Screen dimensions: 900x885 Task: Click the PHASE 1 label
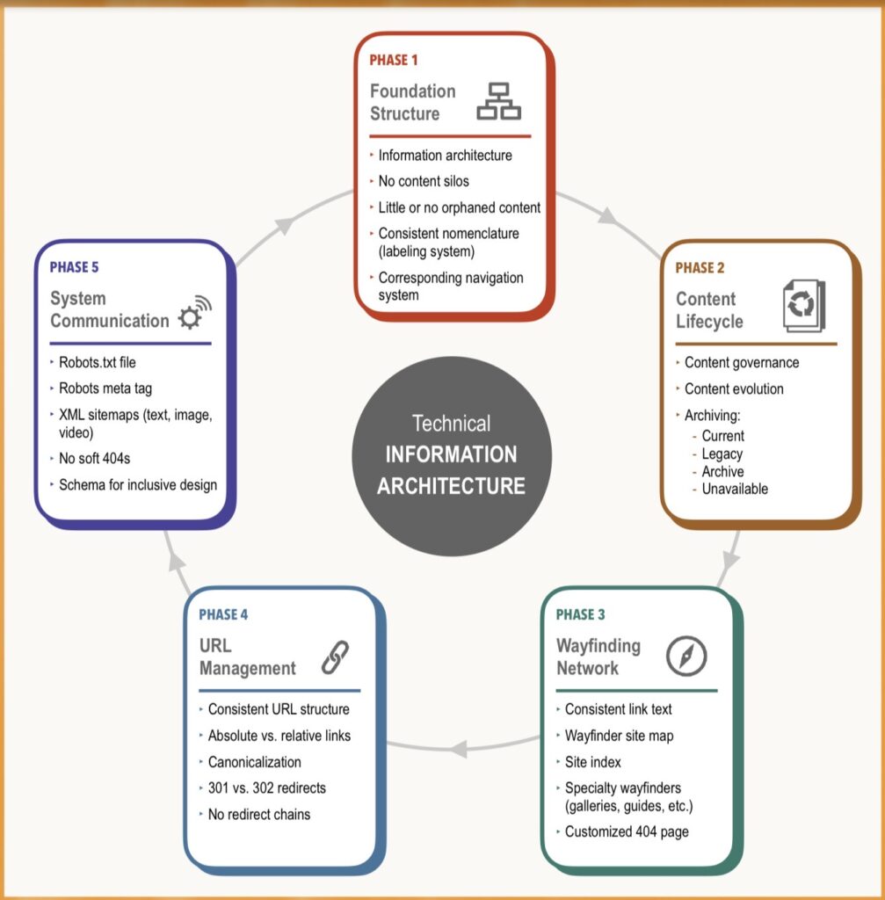click(393, 61)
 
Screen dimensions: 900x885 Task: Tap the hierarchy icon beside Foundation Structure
click(498, 101)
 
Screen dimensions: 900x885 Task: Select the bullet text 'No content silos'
click(424, 181)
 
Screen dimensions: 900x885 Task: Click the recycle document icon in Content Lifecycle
click(803, 306)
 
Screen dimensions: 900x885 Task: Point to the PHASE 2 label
click(700, 268)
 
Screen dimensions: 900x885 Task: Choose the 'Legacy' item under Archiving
click(722, 454)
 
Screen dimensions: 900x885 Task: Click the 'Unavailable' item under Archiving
click(735, 489)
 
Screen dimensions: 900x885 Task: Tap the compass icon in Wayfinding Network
click(686, 656)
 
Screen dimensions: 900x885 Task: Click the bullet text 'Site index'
click(592, 761)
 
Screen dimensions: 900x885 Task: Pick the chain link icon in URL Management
click(335, 657)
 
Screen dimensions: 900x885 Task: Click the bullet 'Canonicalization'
click(254, 761)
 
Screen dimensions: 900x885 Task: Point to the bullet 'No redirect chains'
click(258, 814)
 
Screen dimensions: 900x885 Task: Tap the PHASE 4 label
click(223, 614)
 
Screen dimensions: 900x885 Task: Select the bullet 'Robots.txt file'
click(98, 361)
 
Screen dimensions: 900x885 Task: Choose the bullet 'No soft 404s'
click(96, 458)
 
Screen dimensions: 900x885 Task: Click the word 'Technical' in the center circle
click(451, 424)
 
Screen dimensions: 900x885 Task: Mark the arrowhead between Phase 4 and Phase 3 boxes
click(457, 750)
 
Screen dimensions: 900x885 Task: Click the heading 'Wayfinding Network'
click(598, 657)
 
